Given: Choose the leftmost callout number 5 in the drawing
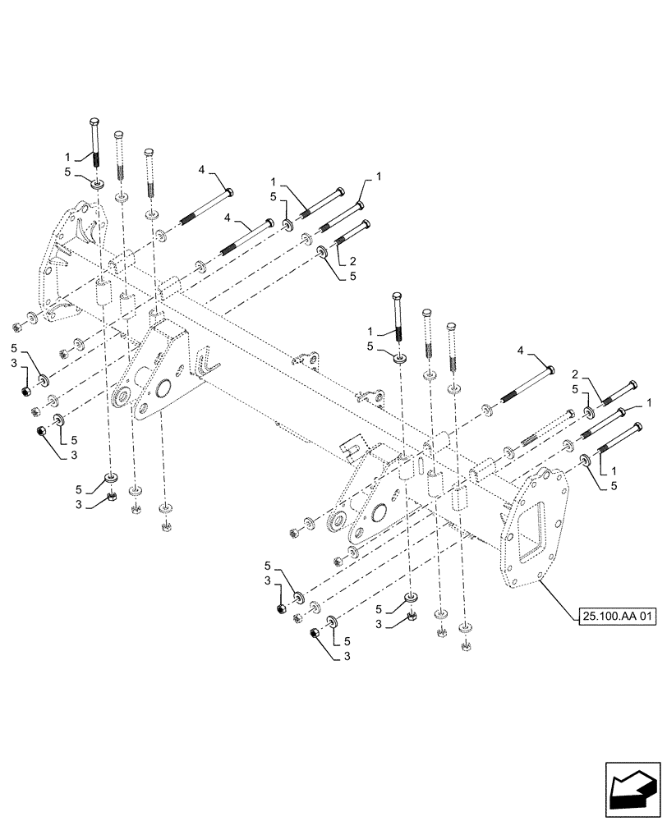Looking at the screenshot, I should (15, 349).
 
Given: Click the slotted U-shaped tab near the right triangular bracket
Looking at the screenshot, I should (352, 450).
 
